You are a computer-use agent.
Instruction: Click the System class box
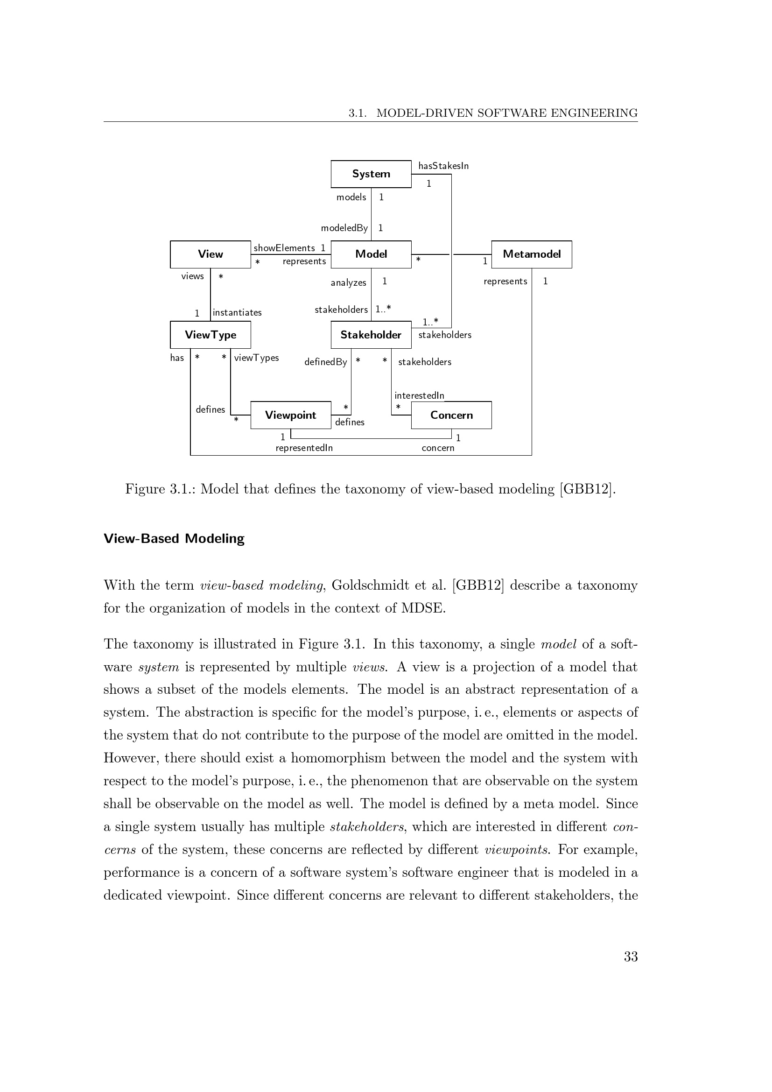[371, 174]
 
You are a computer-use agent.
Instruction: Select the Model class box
[371, 254]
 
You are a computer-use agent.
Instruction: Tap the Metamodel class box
[532, 254]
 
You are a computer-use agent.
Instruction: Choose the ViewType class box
[210, 335]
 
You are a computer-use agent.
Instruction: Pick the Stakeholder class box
[371, 335]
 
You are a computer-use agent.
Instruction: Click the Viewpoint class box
[290, 415]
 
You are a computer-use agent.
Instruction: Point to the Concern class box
[451, 415]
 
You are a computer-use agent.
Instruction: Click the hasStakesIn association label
[443, 166]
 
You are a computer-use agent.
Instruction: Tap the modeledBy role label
[344, 228]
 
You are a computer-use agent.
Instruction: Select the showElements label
[284, 248]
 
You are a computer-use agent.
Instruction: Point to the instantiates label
[237, 312]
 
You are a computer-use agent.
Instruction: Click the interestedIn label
[419, 396]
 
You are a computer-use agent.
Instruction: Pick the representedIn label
[304, 448]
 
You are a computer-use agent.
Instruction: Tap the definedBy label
[326, 362]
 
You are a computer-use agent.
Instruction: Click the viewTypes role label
[256, 358]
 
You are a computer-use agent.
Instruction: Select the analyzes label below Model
[349, 283]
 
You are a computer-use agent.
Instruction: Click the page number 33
[630, 957]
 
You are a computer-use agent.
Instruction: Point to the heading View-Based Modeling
[174, 538]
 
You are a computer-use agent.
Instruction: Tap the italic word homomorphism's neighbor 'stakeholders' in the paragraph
[366, 827]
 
